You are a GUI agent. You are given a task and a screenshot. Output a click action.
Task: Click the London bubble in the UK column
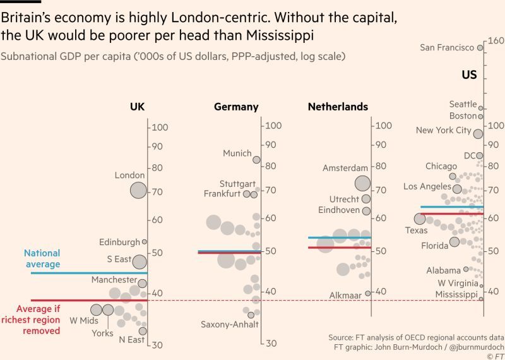pos(138,189)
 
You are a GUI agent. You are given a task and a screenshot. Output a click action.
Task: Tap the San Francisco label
pos(447,47)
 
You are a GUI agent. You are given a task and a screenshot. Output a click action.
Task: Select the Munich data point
pos(256,160)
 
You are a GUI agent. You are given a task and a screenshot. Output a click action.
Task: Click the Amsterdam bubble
pos(362,183)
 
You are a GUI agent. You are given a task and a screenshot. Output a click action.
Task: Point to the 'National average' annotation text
pos(42,258)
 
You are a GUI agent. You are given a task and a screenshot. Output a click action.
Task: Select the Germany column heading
pos(236,107)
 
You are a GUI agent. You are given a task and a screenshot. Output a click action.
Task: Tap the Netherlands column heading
pos(338,107)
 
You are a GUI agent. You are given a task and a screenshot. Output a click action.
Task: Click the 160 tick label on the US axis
pos(494,41)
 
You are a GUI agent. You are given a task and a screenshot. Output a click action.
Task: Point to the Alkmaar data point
pos(368,293)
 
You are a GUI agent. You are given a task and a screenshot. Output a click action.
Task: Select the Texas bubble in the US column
pos(420,219)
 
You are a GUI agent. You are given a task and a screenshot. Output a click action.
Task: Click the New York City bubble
pos(478,133)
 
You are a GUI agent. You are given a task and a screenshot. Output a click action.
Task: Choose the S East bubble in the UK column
pos(140,261)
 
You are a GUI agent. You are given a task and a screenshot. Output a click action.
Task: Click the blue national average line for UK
pos(88,273)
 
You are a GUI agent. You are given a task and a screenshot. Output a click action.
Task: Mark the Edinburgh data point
pos(144,241)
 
